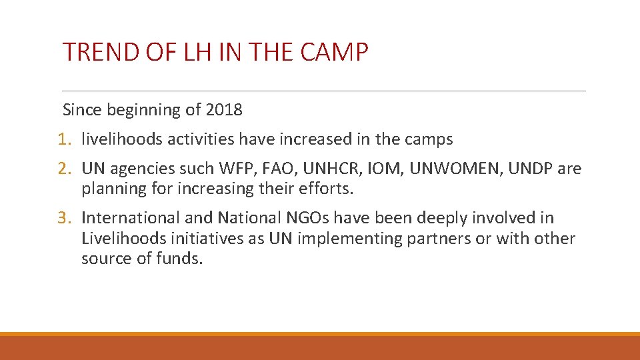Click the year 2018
pos(224,109)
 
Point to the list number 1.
pos(63,139)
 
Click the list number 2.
pos(63,169)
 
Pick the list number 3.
pos(63,218)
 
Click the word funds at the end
pos(180,258)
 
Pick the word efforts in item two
pos(328,189)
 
